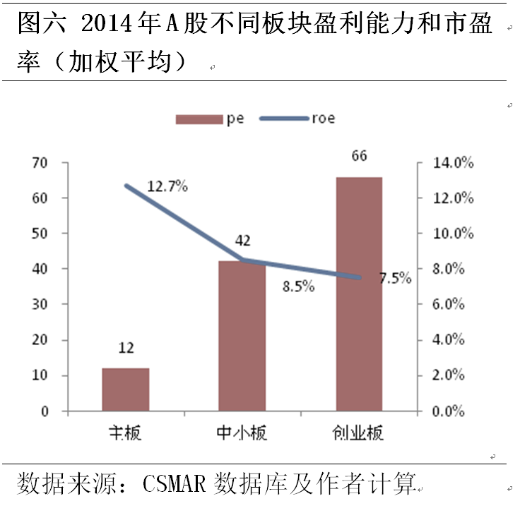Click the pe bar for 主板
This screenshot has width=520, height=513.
pos(125,389)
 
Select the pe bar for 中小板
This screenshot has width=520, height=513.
pos(242,336)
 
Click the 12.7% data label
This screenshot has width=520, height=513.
pos(167,186)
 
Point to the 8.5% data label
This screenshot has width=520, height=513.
pos(298,286)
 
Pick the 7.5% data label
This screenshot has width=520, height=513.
pos(395,278)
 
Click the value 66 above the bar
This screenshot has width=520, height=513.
pos(358,156)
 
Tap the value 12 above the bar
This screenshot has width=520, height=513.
pos(126,347)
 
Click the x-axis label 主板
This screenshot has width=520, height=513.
pos(125,433)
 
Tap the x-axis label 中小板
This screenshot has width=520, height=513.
pos(242,433)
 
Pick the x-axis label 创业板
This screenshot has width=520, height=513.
pos(358,433)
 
